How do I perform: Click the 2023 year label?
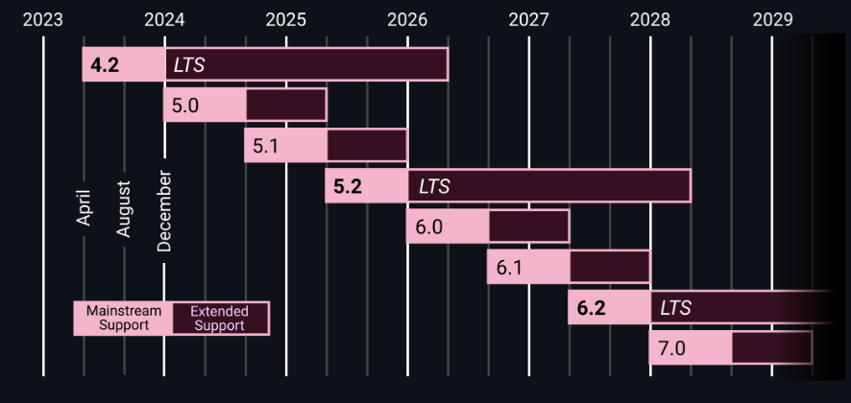[43, 19]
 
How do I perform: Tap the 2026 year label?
[408, 19]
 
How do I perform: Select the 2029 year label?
[772, 19]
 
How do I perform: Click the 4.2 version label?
[104, 65]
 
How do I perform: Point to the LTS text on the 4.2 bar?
[188, 65]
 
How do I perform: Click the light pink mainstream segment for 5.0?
[206, 106]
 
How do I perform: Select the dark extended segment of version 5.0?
[286, 106]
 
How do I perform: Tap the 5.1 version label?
[265, 146]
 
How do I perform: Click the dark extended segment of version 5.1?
[367, 146]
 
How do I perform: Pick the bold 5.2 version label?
[347, 186]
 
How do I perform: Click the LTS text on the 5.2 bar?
[434, 186]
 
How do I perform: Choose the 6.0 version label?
[427, 226]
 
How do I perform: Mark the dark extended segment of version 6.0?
[529, 226]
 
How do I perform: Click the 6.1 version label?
[508, 267]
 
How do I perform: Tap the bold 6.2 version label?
[591, 308]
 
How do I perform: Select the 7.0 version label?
[669, 347]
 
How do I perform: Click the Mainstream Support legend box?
[124, 319]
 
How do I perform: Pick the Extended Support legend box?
[220, 319]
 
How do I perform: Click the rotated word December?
[164, 212]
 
